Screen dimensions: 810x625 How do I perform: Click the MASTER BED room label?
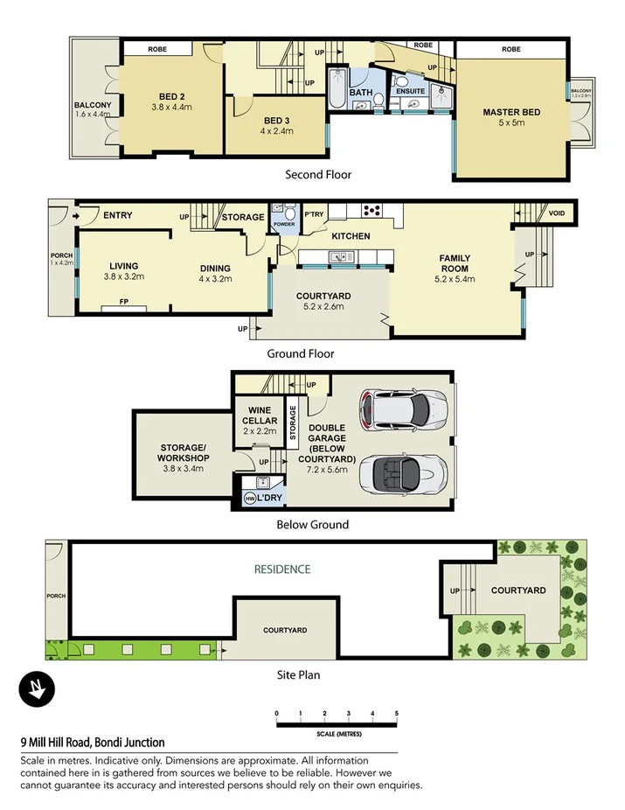511,112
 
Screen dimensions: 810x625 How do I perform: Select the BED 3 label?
277,120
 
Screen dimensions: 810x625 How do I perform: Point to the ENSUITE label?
410,91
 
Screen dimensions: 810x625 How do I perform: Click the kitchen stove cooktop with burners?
372,209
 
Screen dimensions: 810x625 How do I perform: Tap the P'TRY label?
313,214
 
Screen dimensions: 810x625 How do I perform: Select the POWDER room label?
283,223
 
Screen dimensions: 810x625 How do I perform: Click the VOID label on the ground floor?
557,213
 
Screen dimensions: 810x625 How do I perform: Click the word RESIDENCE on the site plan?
282,569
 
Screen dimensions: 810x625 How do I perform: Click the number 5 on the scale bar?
396,714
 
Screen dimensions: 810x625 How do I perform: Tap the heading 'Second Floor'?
317,174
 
